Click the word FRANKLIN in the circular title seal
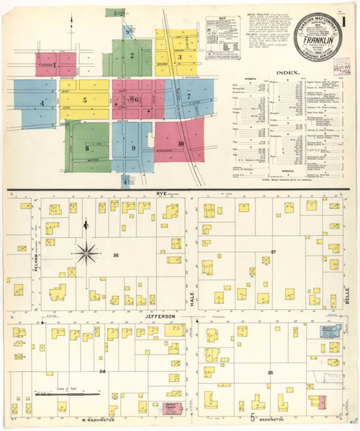pyautogui.click(x=318, y=51)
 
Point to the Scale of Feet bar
pyautogui.click(x=66, y=394)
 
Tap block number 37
pyautogui.click(x=273, y=252)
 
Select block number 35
pyautogui.click(x=270, y=372)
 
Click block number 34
pyautogui.click(x=103, y=371)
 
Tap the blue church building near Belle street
pyautogui.click(x=330, y=333)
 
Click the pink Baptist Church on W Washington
pyautogui.click(x=171, y=409)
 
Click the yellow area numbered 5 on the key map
pyautogui.click(x=84, y=101)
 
